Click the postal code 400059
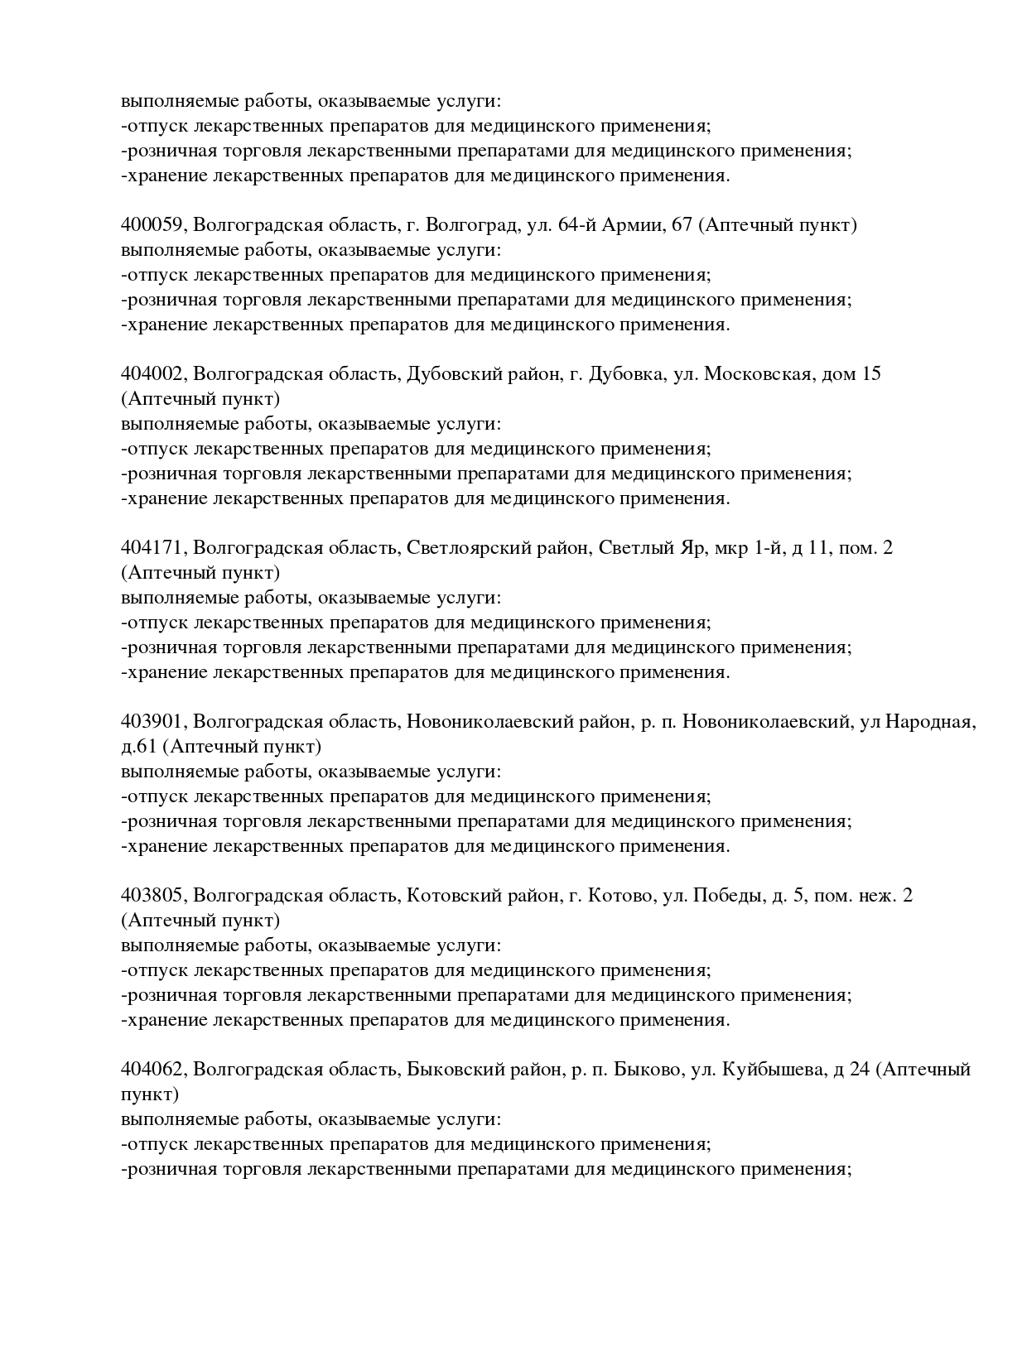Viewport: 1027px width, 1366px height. [154, 225]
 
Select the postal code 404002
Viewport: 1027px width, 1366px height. [154, 374]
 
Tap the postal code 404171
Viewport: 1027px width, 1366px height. [154, 548]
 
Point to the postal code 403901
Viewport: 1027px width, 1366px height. [154, 722]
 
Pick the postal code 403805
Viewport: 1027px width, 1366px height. [154, 896]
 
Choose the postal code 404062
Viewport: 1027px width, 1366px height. [154, 1070]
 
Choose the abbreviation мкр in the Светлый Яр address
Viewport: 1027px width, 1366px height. [731, 548]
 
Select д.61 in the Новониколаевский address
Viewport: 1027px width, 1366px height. [138, 747]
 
